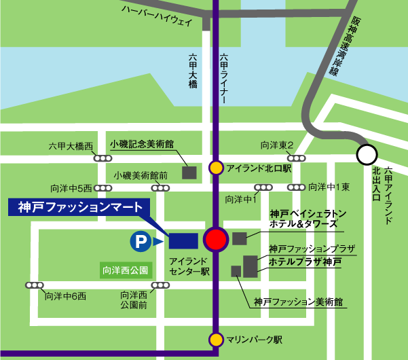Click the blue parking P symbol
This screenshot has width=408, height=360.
click(140, 240)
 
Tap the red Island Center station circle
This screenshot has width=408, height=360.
click(217, 240)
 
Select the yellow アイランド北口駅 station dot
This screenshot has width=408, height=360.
click(216, 167)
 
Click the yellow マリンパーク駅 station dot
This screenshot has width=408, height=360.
click(216, 339)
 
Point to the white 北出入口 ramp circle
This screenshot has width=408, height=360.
click(367, 155)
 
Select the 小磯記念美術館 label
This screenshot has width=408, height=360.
click(143, 145)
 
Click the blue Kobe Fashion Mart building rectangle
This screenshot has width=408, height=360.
click(183, 240)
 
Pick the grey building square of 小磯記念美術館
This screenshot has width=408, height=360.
click(189, 173)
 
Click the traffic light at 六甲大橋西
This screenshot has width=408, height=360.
click(103, 158)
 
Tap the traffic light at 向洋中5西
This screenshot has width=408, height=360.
click(103, 188)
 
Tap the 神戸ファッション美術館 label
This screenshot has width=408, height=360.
click(298, 301)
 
